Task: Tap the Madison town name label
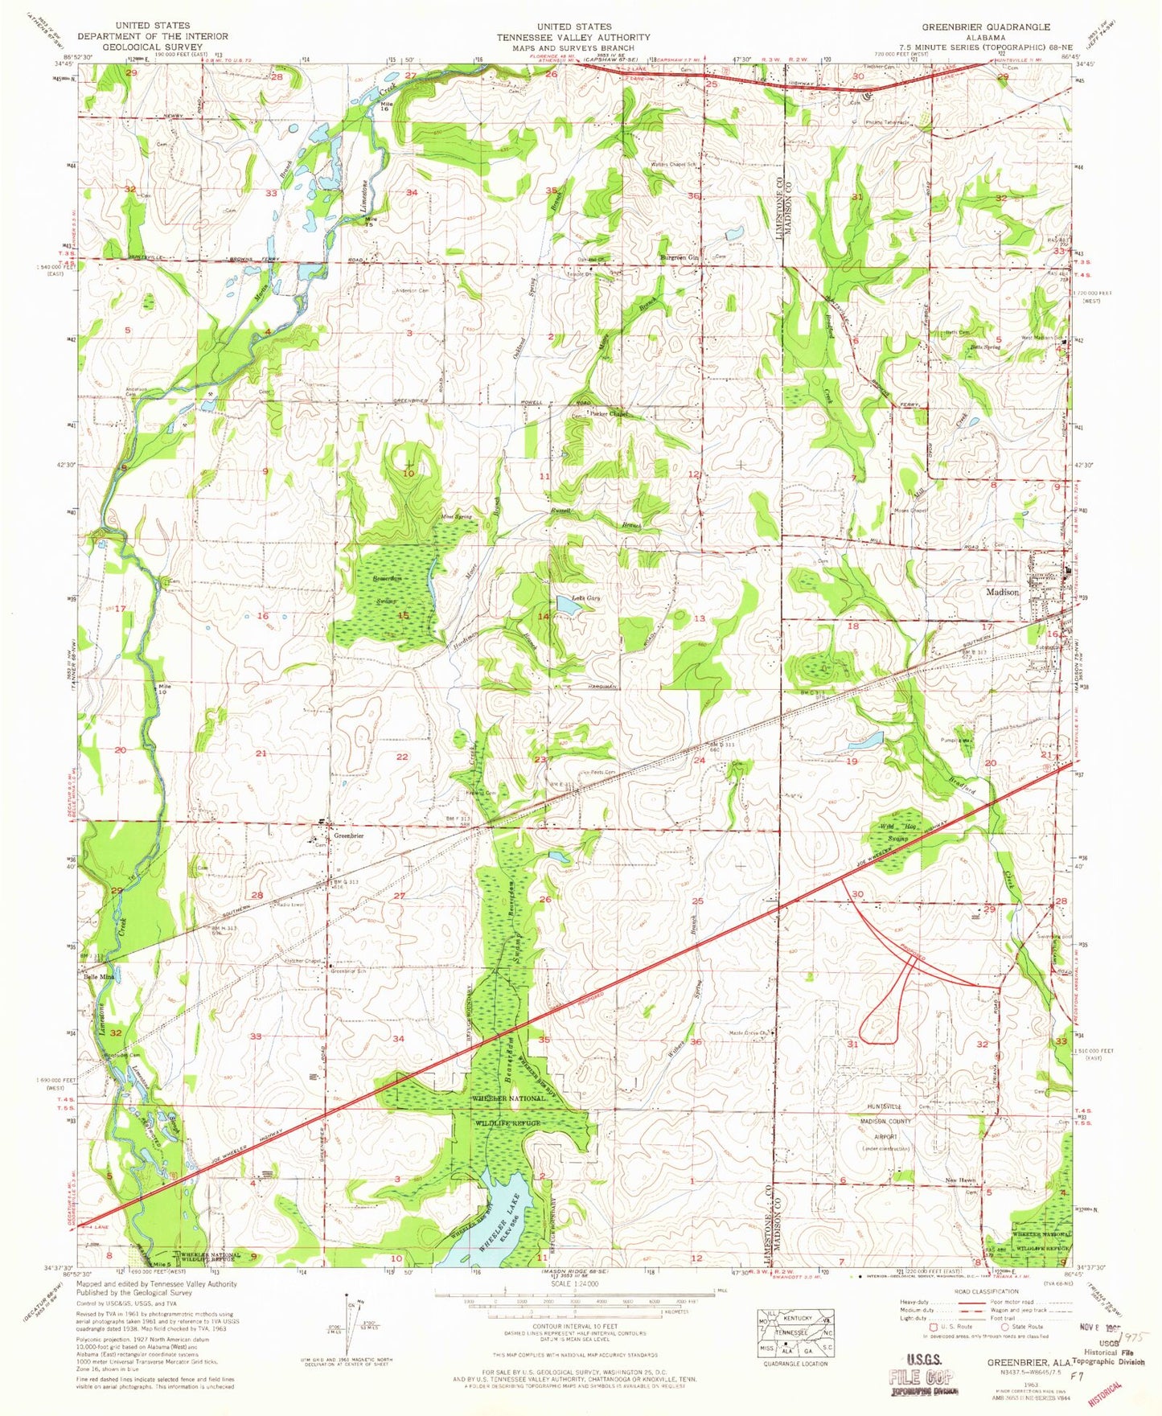pyautogui.click(x=1003, y=592)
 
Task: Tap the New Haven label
pyautogui.click(x=961, y=1180)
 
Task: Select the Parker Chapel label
pyautogui.click(x=609, y=415)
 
